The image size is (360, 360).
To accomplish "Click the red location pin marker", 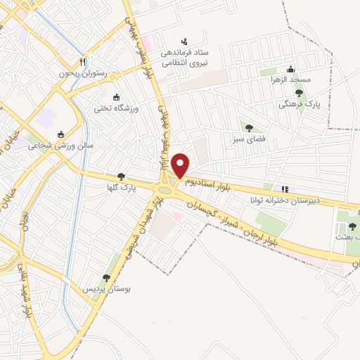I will point(181,165).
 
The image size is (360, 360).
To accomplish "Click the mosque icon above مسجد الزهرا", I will point(290,69).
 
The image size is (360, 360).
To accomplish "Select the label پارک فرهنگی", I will point(294,103).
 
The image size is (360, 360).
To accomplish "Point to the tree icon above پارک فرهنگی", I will point(299,93).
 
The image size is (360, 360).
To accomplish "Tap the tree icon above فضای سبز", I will point(249,127).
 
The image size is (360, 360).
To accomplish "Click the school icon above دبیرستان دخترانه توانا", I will point(285,189).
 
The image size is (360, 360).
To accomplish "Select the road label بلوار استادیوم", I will point(210,185).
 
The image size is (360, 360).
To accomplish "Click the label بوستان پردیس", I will point(108,289).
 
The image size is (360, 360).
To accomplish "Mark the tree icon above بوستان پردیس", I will point(106,278).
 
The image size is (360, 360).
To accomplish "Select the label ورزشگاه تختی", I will point(117,108).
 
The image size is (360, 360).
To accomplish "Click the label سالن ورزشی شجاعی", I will point(60,146).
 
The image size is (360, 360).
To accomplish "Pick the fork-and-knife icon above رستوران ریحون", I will point(84,62).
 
